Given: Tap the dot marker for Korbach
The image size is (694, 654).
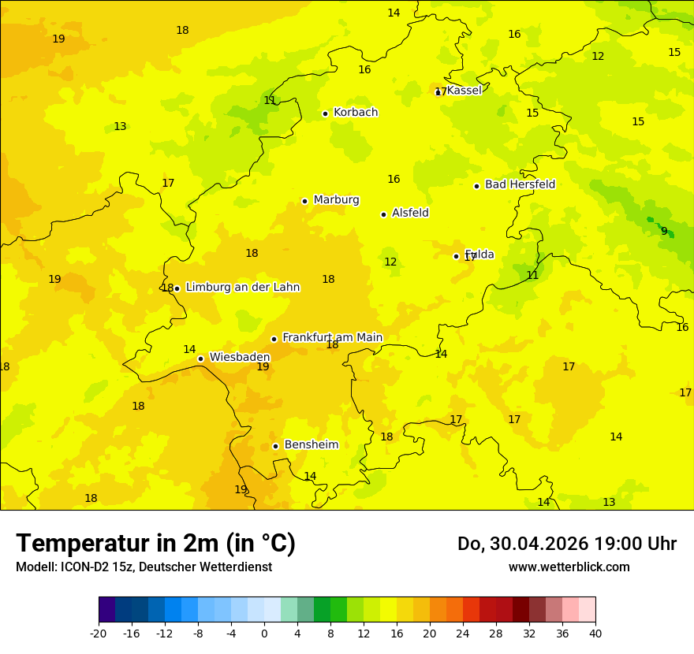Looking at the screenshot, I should (325, 113).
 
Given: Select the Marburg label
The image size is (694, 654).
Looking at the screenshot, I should (336, 200).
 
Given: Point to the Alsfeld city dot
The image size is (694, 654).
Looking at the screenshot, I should (384, 214).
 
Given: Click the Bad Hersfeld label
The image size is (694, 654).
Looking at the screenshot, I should (520, 184).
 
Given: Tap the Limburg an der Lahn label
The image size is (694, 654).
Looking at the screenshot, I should (242, 288).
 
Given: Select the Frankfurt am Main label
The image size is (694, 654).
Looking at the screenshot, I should (332, 337).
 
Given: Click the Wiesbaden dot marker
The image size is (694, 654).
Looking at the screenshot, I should (201, 359).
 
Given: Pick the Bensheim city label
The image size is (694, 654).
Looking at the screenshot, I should (311, 445).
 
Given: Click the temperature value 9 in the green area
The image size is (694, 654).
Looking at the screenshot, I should (664, 231).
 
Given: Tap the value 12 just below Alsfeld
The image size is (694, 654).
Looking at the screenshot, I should (390, 262).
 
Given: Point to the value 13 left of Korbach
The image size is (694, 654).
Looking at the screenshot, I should (120, 127).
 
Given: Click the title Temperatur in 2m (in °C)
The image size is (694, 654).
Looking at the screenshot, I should (155, 543).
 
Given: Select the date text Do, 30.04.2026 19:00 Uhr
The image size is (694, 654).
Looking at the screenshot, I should (567, 544).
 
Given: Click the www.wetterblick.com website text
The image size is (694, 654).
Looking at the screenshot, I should (569, 567).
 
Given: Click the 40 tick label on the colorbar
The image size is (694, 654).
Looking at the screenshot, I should (595, 633).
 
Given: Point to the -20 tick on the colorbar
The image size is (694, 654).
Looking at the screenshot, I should (99, 633).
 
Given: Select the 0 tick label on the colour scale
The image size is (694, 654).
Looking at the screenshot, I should (264, 633).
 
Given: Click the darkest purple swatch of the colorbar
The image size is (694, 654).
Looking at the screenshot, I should (106, 610).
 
